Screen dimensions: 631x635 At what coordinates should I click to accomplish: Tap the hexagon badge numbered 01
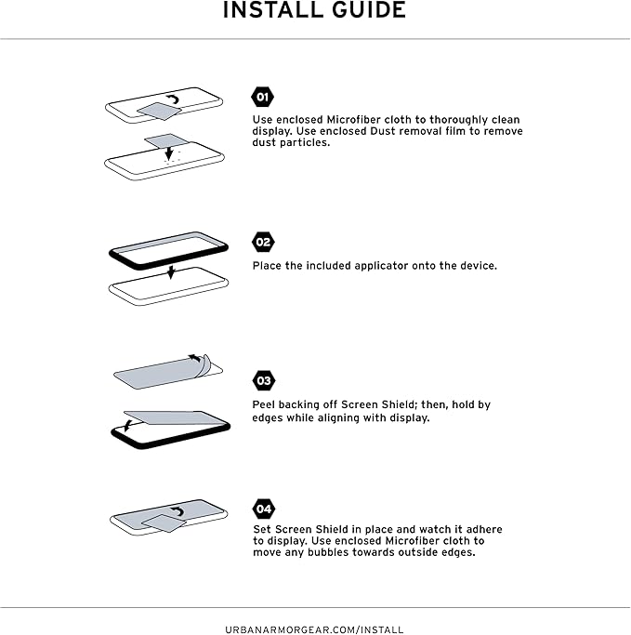pos(262,97)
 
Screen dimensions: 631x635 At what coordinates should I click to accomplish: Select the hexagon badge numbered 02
pos(263,242)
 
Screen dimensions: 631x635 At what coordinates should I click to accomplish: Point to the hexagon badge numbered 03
pos(264,380)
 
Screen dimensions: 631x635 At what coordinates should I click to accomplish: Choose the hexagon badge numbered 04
pos(264,509)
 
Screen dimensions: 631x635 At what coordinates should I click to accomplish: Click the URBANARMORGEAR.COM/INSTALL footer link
pos(314,629)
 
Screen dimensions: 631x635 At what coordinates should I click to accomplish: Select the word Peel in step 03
pos(264,404)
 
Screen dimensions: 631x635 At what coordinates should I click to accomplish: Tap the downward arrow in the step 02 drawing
pos(171,272)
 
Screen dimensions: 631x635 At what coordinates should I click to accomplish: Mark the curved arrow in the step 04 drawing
pos(177,511)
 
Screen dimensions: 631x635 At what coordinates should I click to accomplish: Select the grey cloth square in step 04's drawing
pos(164,523)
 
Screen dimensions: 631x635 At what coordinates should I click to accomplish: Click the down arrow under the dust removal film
pos(169,153)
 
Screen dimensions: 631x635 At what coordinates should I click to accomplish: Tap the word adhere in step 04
pos(484,529)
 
